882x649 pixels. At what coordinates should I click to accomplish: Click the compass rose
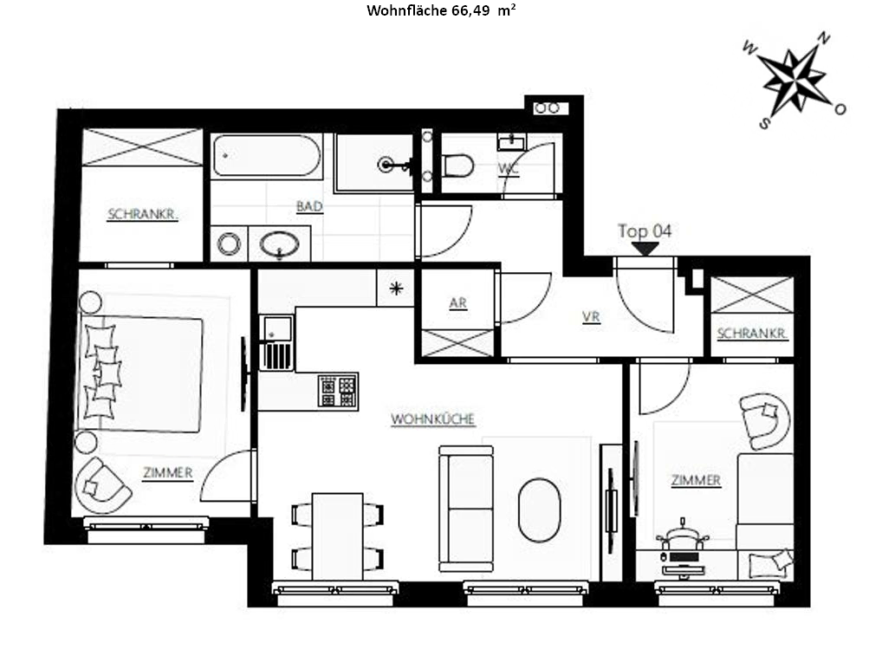pos(794,79)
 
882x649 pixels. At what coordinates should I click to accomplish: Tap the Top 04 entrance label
pos(645,231)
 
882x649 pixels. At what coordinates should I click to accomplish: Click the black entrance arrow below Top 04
pos(645,249)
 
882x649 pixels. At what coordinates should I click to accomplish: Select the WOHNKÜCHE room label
pos(432,419)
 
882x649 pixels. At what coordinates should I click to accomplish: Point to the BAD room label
pos(309,206)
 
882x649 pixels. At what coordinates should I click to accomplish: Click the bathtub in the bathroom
pos(267,155)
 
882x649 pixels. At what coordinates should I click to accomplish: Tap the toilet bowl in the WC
pos(457,165)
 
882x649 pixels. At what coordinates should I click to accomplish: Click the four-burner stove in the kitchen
pos(338,390)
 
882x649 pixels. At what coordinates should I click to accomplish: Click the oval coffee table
pos(539,509)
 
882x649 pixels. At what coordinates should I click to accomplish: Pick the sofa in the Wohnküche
pos(466,509)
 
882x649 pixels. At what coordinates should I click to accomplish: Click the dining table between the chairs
pos(338,536)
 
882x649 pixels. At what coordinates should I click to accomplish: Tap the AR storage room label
pos(457,303)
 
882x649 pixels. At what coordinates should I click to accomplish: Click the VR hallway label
pos(591,317)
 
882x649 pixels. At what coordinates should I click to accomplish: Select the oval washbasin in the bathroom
pos(279,244)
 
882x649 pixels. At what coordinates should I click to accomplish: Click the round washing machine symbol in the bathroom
pos(229,244)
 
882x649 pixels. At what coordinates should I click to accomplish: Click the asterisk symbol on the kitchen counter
pos(397,289)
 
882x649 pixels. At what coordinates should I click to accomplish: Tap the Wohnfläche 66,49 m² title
pos(442,10)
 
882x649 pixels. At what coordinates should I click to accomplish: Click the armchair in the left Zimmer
pos(101,486)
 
